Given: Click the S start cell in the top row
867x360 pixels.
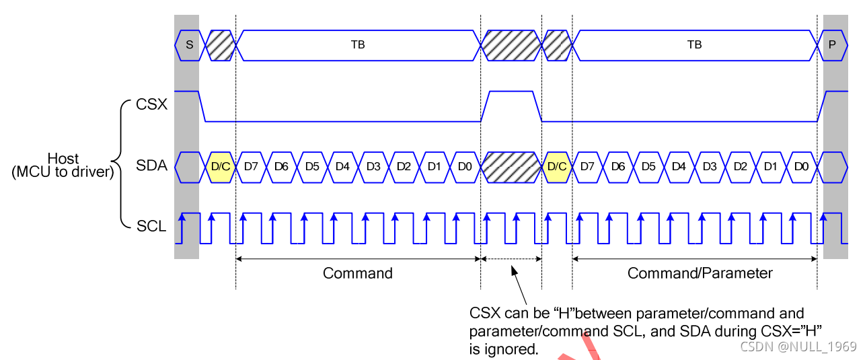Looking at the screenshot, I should click(x=189, y=45).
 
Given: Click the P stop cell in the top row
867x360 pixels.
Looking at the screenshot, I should click(x=833, y=45).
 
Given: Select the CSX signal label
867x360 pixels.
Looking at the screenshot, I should click(x=151, y=105).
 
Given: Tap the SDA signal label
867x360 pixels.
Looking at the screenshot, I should click(x=151, y=166).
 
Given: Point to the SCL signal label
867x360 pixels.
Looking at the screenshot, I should click(x=151, y=227).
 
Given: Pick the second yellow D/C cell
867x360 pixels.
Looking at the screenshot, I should click(x=557, y=166).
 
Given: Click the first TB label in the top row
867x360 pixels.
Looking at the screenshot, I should click(x=358, y=45).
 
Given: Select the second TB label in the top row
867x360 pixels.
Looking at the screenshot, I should click(x=694, y=45).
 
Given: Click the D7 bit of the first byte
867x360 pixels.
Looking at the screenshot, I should click(x=252, y=166).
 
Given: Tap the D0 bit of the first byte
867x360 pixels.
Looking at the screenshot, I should click(x=465, y=166).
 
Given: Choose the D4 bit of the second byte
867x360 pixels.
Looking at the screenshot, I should click(x=679, y=166).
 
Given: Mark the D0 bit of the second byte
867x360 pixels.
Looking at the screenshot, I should click(x=800, y=166).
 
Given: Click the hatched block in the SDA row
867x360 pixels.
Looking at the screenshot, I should click(x=512, y=166).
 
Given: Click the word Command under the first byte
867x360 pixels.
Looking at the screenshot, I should click(x=357, y=273).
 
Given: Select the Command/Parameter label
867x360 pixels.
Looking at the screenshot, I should click(x=700, y=273).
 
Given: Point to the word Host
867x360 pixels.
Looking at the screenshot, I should click(x=63, y=159).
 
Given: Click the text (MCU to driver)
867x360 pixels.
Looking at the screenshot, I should click(x=62, y=172).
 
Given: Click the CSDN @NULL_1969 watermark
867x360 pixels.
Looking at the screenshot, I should click(x=798, y=347).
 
